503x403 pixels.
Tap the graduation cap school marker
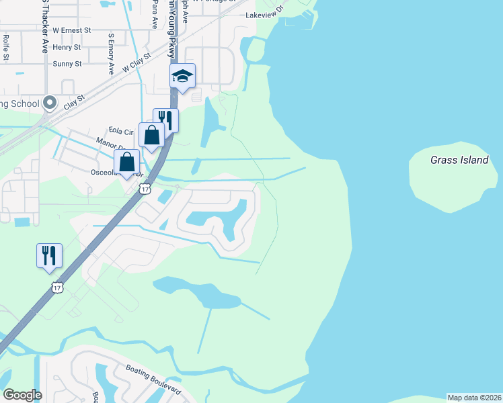[x=182, y=76]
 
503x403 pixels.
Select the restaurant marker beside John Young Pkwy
[x=165, y=121]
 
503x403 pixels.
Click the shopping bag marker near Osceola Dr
[x=126, y=162]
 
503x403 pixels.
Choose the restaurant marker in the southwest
[x=49, y=256]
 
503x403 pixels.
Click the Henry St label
[x=67, y=47]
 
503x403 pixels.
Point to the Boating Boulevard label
[x=153, y=379]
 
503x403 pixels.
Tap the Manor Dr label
[x=108, y=142]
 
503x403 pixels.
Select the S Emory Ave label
[x=111, y=53]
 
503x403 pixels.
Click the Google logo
[x=22, y=394]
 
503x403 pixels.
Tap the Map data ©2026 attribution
[x=474, y=397]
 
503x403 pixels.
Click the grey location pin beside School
[x=49, y=103]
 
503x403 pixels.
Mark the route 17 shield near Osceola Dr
[x=145, y=189]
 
